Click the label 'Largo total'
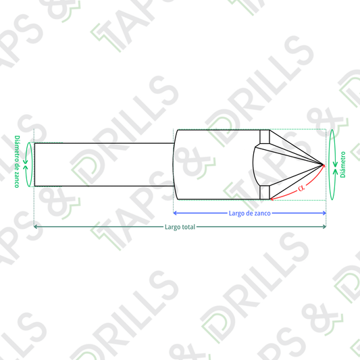click(x=180, y=227)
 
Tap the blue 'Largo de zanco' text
click(x=249, y=213)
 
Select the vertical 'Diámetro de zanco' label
click(x=17, y=161)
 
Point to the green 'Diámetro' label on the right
click(x=343, y=164)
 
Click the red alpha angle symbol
click(x=301, y=188)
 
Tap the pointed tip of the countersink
click(x=324, y=165)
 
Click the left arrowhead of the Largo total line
click(x=36, y=227)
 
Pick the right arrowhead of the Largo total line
click(x=324, y=227)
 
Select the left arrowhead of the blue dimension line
click(x=175, y=213)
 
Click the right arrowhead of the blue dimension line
click(x=324, y=213)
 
